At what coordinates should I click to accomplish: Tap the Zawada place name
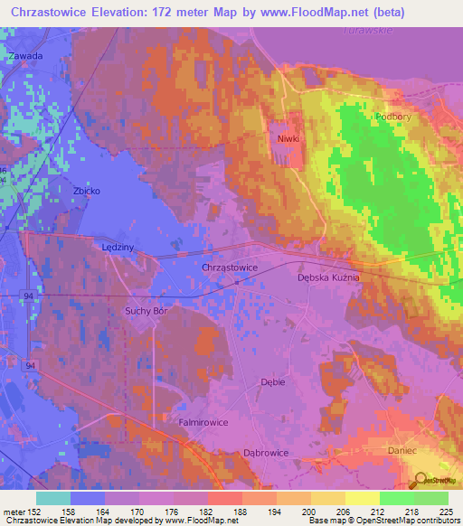click(x=25, y=56)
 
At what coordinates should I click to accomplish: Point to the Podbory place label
click(x=391, y=117)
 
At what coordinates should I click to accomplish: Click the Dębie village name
click(x=272, y=382)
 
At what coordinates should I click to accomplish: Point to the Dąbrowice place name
click(x=267, y=453)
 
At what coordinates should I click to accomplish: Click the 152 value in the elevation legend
click(x=37, y=512)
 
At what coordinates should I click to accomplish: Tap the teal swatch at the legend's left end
click(x=53, y=498)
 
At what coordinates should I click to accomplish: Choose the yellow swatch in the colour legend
click(x=363, y=498)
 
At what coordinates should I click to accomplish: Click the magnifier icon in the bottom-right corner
click(x=422, y=479)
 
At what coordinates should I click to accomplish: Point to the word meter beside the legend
click(x=14, y=512)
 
